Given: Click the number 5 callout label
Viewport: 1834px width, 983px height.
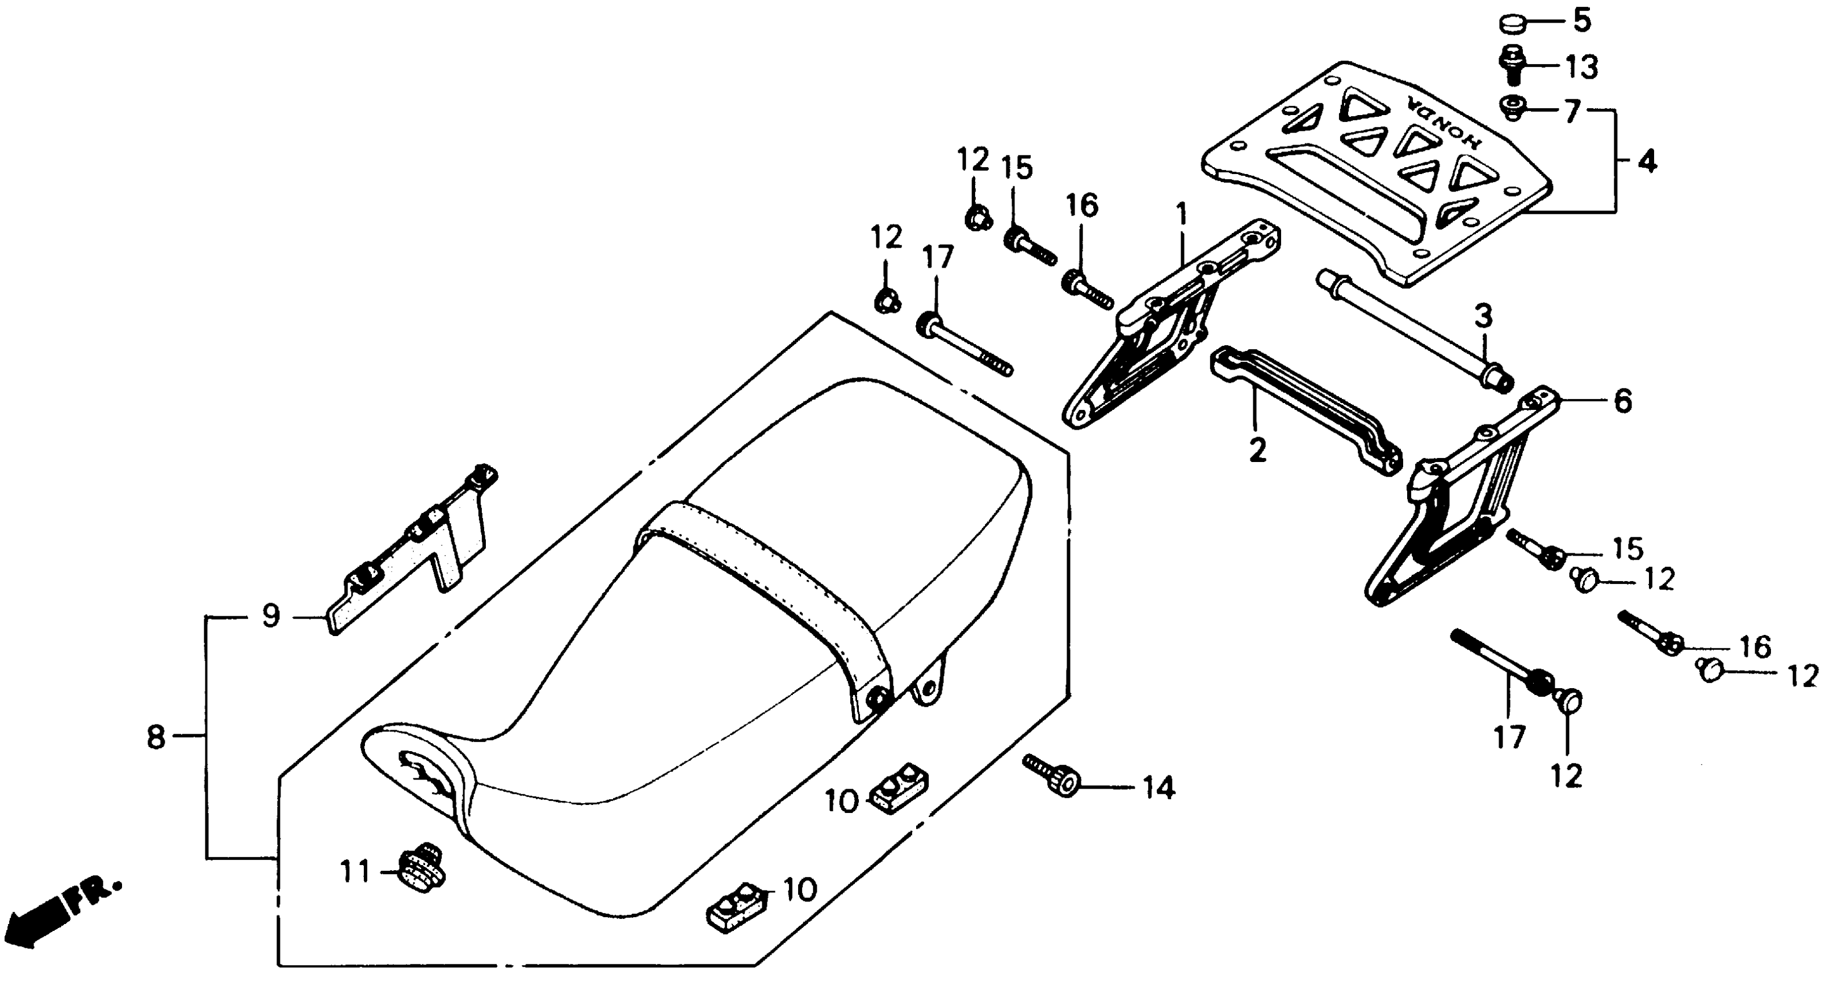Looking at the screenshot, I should (1581, 21).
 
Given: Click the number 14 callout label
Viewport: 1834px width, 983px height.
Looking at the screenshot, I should (1158, 788).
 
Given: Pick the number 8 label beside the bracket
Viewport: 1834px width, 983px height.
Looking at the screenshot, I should (156, 737).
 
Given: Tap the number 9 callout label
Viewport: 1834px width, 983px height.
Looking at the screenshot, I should (271, 616).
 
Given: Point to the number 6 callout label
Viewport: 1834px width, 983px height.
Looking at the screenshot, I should (1622, 401).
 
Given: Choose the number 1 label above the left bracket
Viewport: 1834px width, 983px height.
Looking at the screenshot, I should (1181, 213).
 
